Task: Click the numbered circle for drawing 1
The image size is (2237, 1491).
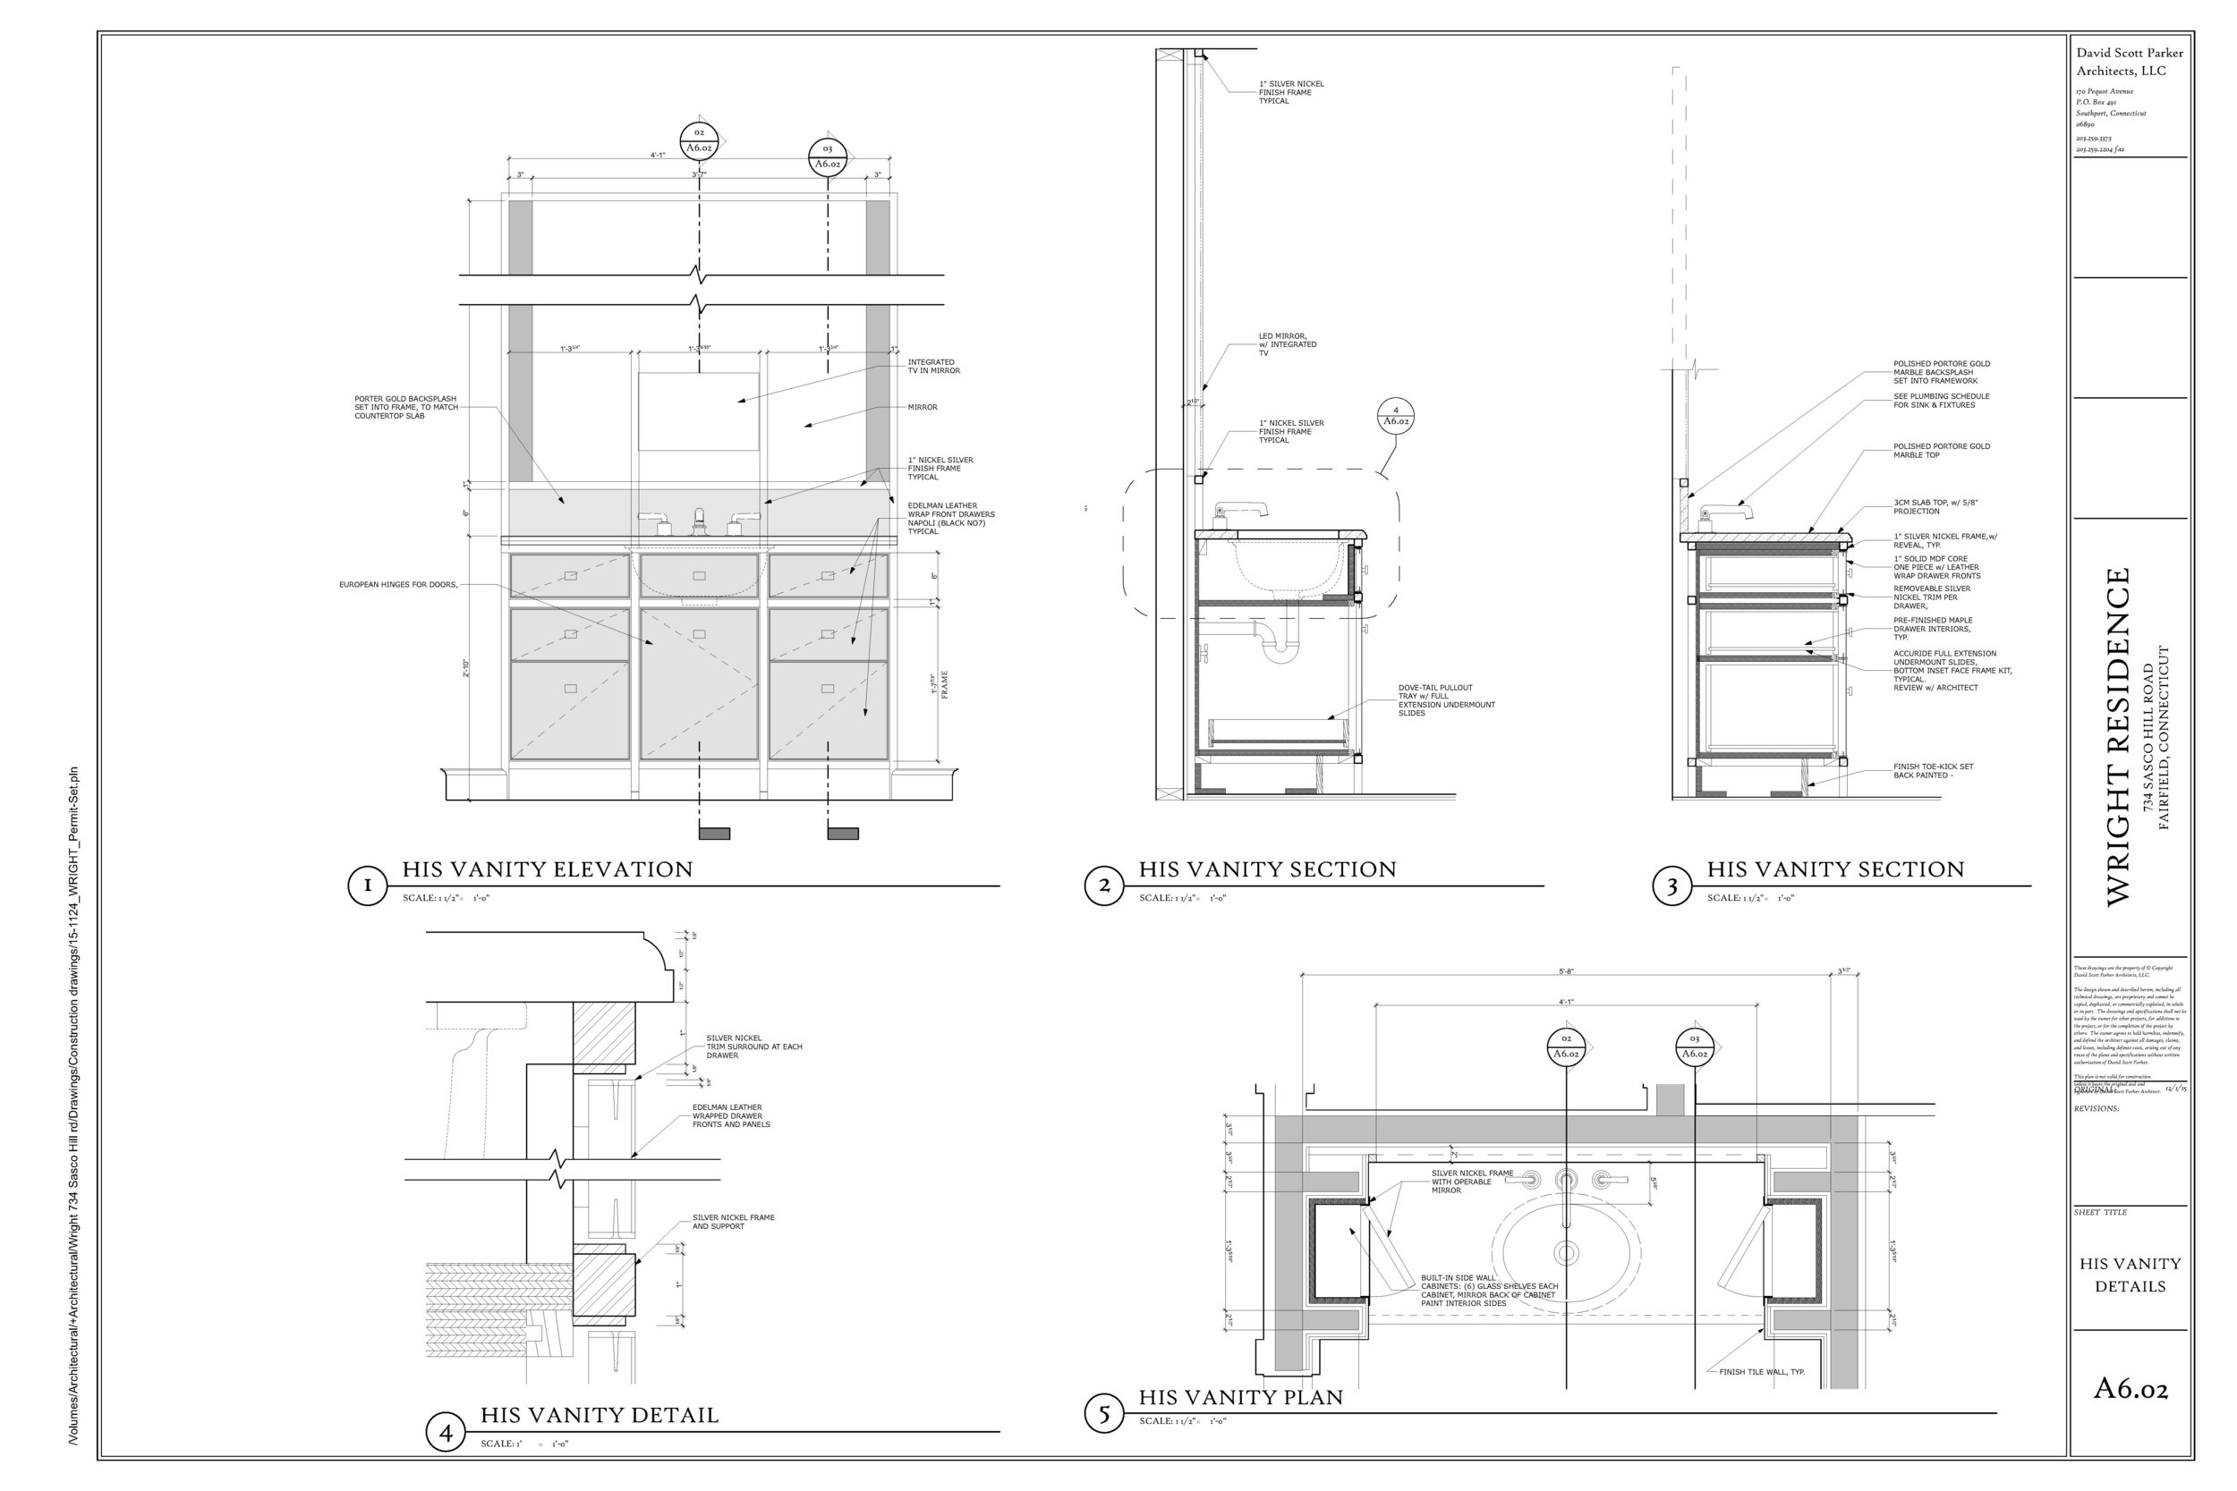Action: click(x=367, y=885)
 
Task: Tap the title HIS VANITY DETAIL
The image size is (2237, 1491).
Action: click(x=599, y=1416)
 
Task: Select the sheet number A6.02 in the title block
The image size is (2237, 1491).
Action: click(x=2130, y=1389)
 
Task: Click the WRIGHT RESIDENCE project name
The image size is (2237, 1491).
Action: click(x=2117, y=737)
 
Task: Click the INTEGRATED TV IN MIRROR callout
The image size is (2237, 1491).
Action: click(x=933, y=366)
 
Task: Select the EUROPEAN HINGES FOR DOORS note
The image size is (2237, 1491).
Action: click(x=398, y=585)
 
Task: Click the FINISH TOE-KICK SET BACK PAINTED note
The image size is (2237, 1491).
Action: click(x=1933, y=770)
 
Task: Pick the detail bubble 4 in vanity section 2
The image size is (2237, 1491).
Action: click(x=1395, y=416)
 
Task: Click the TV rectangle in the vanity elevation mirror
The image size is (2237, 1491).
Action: click(x=698, y=411)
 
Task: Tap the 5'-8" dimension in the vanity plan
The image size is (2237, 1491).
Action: click(x=1566, y=972)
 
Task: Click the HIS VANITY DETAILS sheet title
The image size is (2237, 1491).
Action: click(x=2130, y=1275)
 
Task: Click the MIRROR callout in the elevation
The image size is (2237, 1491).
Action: click(x=922, y=407)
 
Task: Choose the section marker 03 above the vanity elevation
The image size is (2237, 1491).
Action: click(x=828, y=156)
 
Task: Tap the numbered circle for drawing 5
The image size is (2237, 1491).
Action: click(x=1103, y=1414)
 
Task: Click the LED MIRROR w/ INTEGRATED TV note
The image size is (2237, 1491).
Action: click(x=1287, y=344)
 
